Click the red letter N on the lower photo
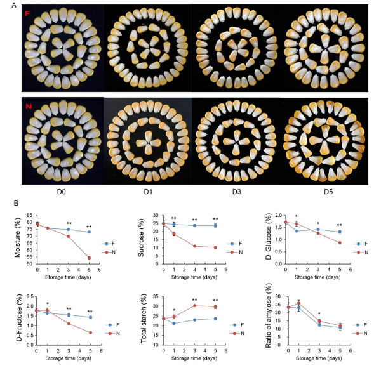(28, 106)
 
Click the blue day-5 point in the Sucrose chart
(216, 225)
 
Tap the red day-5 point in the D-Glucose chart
(340, 242)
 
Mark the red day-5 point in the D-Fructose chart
(90, 332)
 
